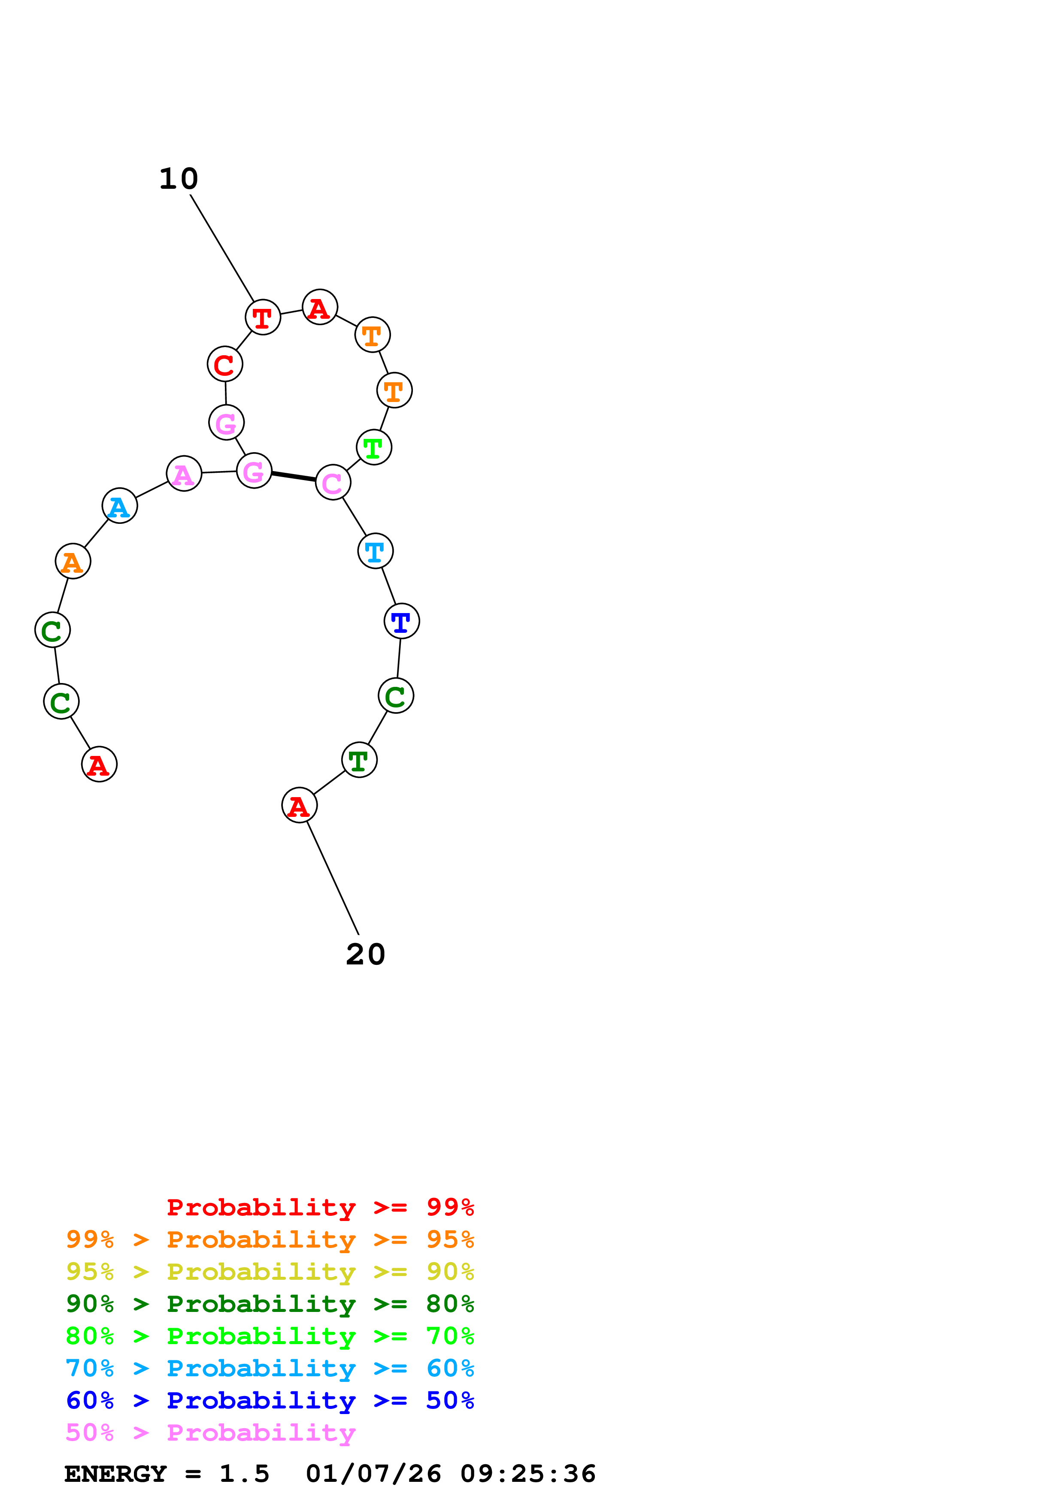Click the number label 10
coord(178,179)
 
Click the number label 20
coord(365,955)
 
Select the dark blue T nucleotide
coord(401,621)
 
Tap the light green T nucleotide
coord(374,448)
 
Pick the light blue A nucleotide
coord(119,506)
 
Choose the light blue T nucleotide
coord(375,551)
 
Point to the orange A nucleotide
coord(73,562)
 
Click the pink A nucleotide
coord(184,473)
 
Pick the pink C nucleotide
coord(332,483)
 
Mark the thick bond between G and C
coord(294,477)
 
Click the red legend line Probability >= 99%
coord(320,1207)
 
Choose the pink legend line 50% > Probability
coord(210,1433)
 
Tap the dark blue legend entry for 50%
coord(270,1401)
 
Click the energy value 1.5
coord(244,1474)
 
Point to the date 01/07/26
coord(373,1474)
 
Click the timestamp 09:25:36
coord(528,1474)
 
